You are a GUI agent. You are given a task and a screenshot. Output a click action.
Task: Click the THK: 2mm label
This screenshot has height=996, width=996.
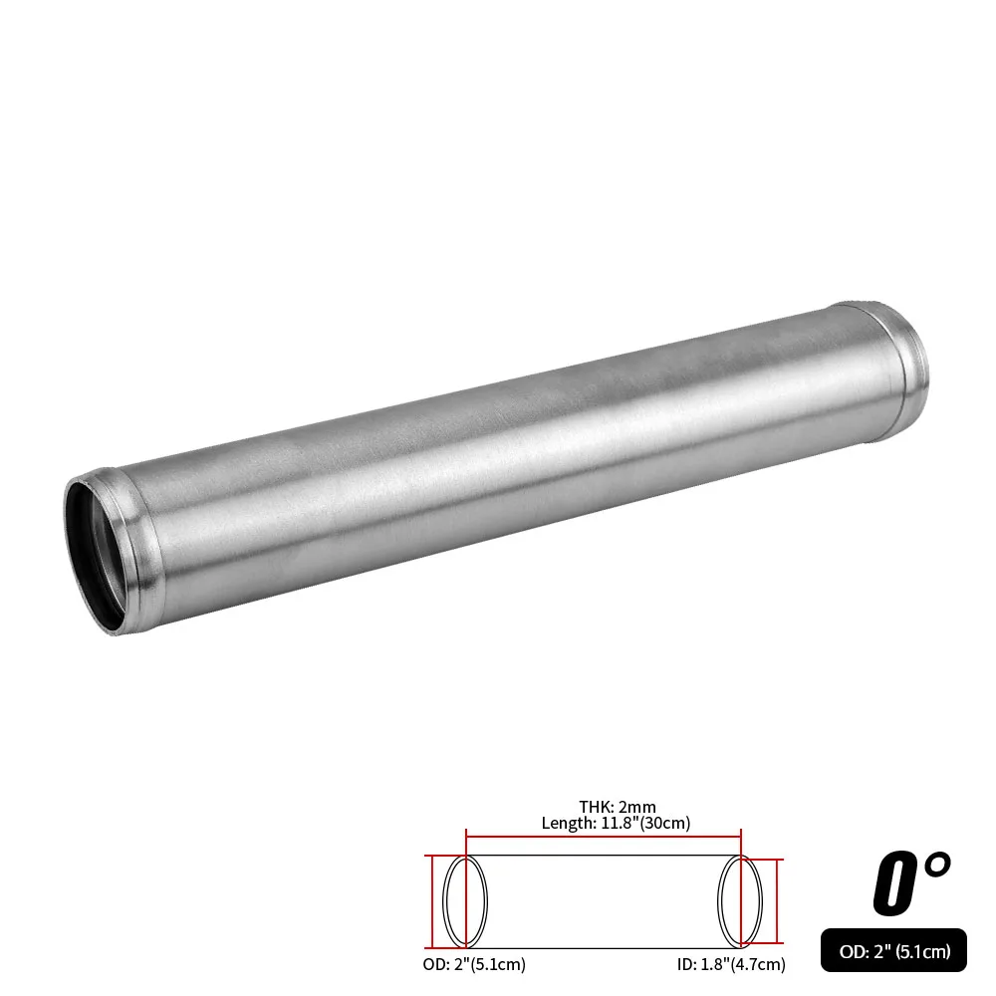point(618,807)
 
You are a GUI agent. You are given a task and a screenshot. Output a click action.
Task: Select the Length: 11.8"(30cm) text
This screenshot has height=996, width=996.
point(616,823)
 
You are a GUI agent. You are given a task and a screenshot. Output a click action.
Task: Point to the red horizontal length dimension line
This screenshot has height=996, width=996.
point(604,837)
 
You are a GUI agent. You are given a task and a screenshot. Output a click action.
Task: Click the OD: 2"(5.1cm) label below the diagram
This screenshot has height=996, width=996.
point(473,964)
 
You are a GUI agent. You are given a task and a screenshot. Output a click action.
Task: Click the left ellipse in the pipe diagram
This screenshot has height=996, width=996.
point(465,900)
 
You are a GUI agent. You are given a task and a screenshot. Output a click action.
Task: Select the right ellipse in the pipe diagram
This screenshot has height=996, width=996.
point(741,900)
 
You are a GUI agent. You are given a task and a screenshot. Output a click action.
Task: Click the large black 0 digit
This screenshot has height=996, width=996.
point(893,884)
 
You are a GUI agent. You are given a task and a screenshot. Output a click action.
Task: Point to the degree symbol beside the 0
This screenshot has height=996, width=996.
point(937,864)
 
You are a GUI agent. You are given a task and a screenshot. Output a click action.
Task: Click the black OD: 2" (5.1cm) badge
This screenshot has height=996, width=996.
point(893,951)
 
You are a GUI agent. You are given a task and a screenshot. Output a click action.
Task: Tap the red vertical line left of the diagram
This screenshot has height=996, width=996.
point(431,900)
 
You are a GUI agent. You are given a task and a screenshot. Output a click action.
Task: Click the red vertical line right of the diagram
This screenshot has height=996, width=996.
point(778,900)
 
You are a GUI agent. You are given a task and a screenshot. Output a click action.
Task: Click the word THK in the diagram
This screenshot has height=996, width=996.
point(596,807)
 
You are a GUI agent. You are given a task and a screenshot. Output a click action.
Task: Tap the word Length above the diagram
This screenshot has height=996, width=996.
point(565,823)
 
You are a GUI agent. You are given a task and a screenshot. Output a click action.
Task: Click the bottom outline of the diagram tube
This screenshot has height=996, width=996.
point(604,947)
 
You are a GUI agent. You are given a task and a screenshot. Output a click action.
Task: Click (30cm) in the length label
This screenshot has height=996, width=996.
point(665,823)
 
